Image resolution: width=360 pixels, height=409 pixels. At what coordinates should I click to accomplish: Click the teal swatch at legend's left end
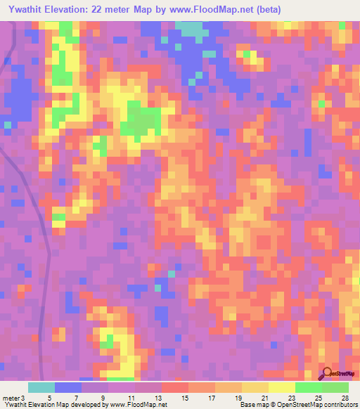coord(41,387)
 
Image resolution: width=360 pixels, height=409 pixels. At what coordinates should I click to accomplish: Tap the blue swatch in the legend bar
coord(68,387)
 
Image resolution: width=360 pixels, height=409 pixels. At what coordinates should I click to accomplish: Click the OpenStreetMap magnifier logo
coord(327,373)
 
